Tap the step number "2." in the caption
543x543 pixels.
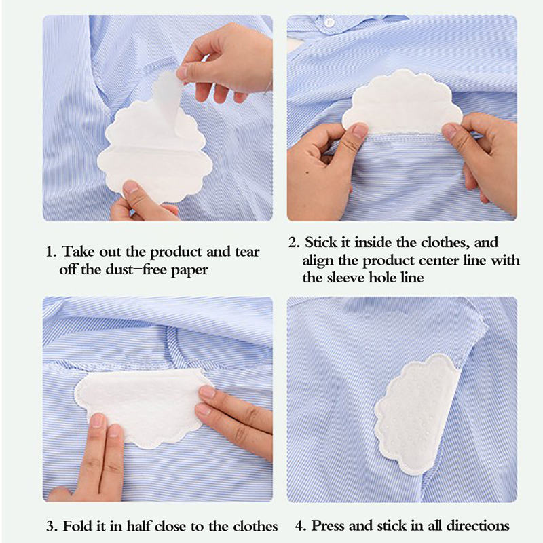tap(294, 242)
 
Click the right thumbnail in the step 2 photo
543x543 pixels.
tap(450, 130)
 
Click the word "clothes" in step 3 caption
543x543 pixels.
tap(256, 526)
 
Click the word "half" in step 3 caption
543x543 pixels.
tap(138, 526)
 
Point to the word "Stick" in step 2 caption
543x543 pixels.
tap(321, 242)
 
